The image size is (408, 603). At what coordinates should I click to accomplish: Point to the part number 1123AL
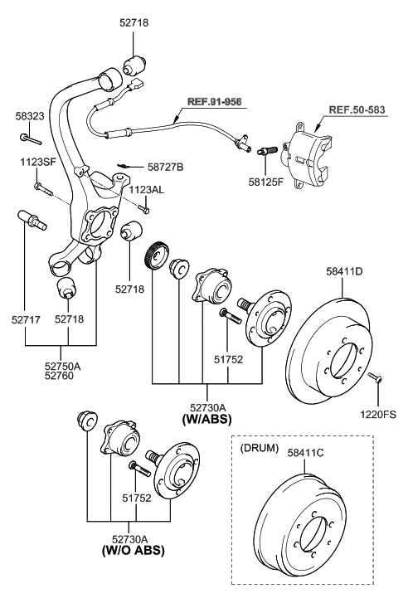tap(146, 190)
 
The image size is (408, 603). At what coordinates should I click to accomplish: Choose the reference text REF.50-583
tap(357, 109)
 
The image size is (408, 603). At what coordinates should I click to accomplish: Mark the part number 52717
tap(27, 318)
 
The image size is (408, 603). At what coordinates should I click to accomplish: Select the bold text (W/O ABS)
tap(134, 550)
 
